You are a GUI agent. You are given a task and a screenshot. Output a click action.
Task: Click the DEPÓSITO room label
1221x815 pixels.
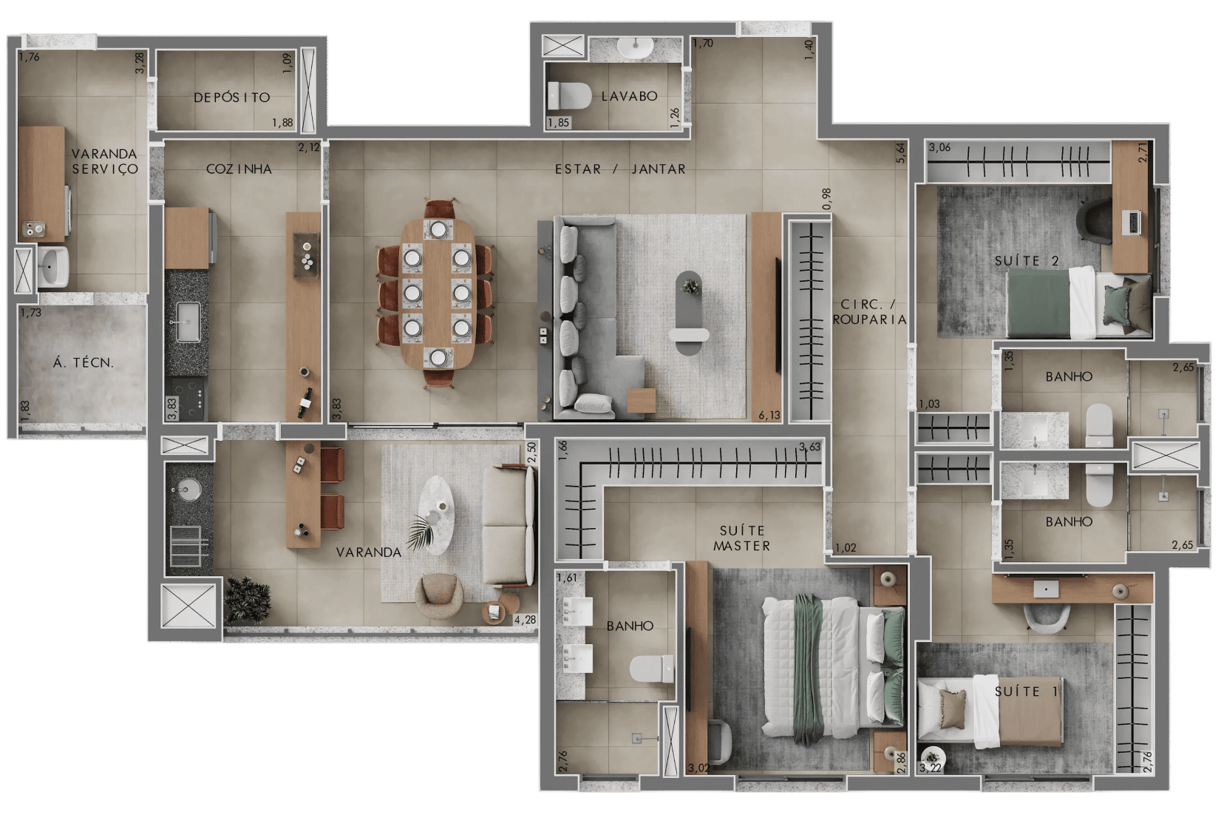[x=232, y=98]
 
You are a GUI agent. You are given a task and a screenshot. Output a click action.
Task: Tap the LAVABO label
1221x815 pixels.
[x=630, y=96]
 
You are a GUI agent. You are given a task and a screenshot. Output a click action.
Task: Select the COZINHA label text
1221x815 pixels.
[x=239, y=169]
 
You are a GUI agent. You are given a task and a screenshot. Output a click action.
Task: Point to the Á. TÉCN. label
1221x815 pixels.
[x=84, y=363]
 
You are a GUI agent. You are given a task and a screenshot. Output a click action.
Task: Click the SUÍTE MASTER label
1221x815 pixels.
[x=742, y=538]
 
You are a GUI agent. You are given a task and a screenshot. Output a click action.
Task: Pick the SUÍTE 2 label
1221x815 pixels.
[x=1027, y=261]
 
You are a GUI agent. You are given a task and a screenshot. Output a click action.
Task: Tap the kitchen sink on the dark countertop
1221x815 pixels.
[x=188, y=322]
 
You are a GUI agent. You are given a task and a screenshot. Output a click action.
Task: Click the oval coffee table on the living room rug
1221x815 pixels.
[x=688, y=313]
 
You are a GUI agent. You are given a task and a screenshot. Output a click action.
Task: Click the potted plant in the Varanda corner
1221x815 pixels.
[x=248, y=600]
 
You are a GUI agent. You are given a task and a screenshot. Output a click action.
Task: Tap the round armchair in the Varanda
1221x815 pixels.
[x=439, y=597]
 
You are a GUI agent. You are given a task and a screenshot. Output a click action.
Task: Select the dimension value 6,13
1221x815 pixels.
[x=769, y=416]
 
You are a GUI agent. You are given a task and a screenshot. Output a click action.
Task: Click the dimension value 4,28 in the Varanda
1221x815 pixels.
[x=525, y=620]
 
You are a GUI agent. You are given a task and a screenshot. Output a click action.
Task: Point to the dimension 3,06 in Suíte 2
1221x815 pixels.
[x=939, y=147]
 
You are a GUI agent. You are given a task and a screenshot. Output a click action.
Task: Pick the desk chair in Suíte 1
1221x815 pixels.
[x=1047, y=618]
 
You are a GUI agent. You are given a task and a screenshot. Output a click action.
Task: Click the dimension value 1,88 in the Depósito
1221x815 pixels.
[x=282, y=123]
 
